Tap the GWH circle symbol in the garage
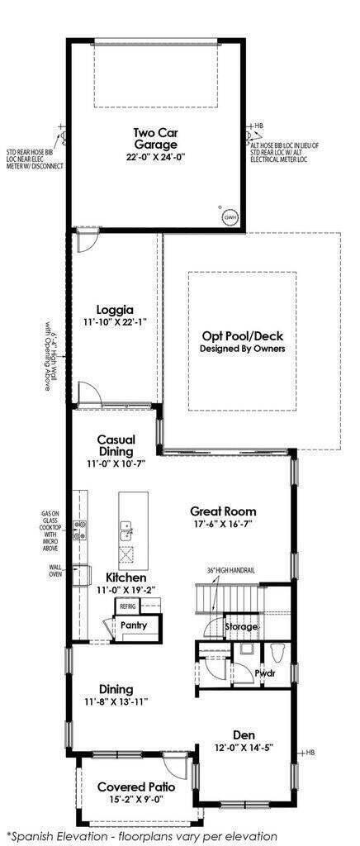[230, 217]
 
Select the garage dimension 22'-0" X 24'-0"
[155, 157]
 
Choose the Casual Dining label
[116, 445]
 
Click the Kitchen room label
[126, 577]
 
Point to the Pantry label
[134, 625]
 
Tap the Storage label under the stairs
[242, 627]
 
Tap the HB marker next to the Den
[310, 753]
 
